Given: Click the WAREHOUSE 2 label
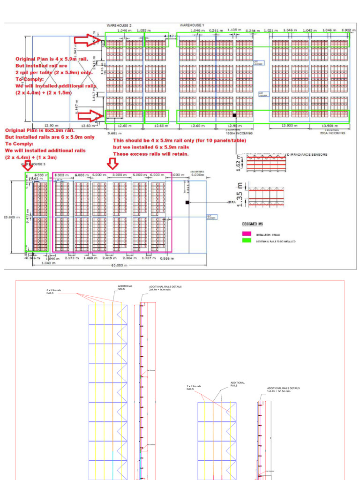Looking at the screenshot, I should tap(119, 25).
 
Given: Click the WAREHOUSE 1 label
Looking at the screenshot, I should tap(192, 25).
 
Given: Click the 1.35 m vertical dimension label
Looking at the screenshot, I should tap(240, 196).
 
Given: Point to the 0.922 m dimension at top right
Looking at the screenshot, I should tap(346, 30).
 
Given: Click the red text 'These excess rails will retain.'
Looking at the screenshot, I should tap(151, 154).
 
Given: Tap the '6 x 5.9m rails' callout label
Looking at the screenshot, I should tap(54, 292).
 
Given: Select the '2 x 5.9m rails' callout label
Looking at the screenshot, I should tap(194, 388).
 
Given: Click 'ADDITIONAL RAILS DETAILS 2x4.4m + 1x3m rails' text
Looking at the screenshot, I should tap(165, 288).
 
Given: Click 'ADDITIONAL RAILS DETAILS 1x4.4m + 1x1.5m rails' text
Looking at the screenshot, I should tap(283, 390).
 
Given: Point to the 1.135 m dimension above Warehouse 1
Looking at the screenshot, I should tap(234, 30).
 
